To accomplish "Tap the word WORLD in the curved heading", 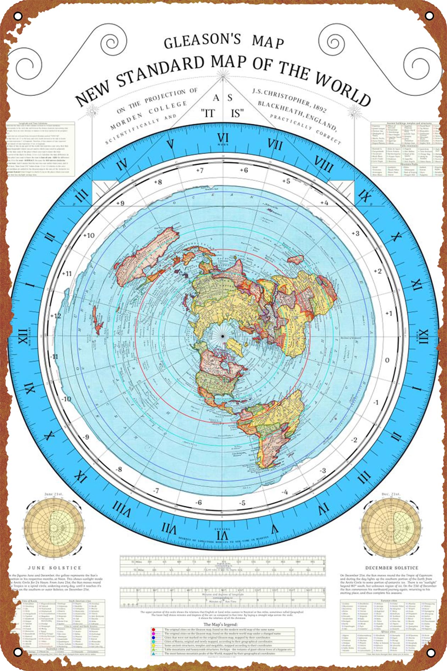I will click(343, 89).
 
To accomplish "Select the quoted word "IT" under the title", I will click(208, 113).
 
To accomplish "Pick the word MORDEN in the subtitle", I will click(127, 121).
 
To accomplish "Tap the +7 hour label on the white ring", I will click(200, 170).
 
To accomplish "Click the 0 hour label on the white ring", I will click(387, 360).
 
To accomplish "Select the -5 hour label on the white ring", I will click(242, 503).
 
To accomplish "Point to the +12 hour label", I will click(55, 316).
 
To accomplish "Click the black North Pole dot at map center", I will click(222, 336).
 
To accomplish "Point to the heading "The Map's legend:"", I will click(220, 624).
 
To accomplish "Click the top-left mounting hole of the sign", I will click(18, 16).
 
